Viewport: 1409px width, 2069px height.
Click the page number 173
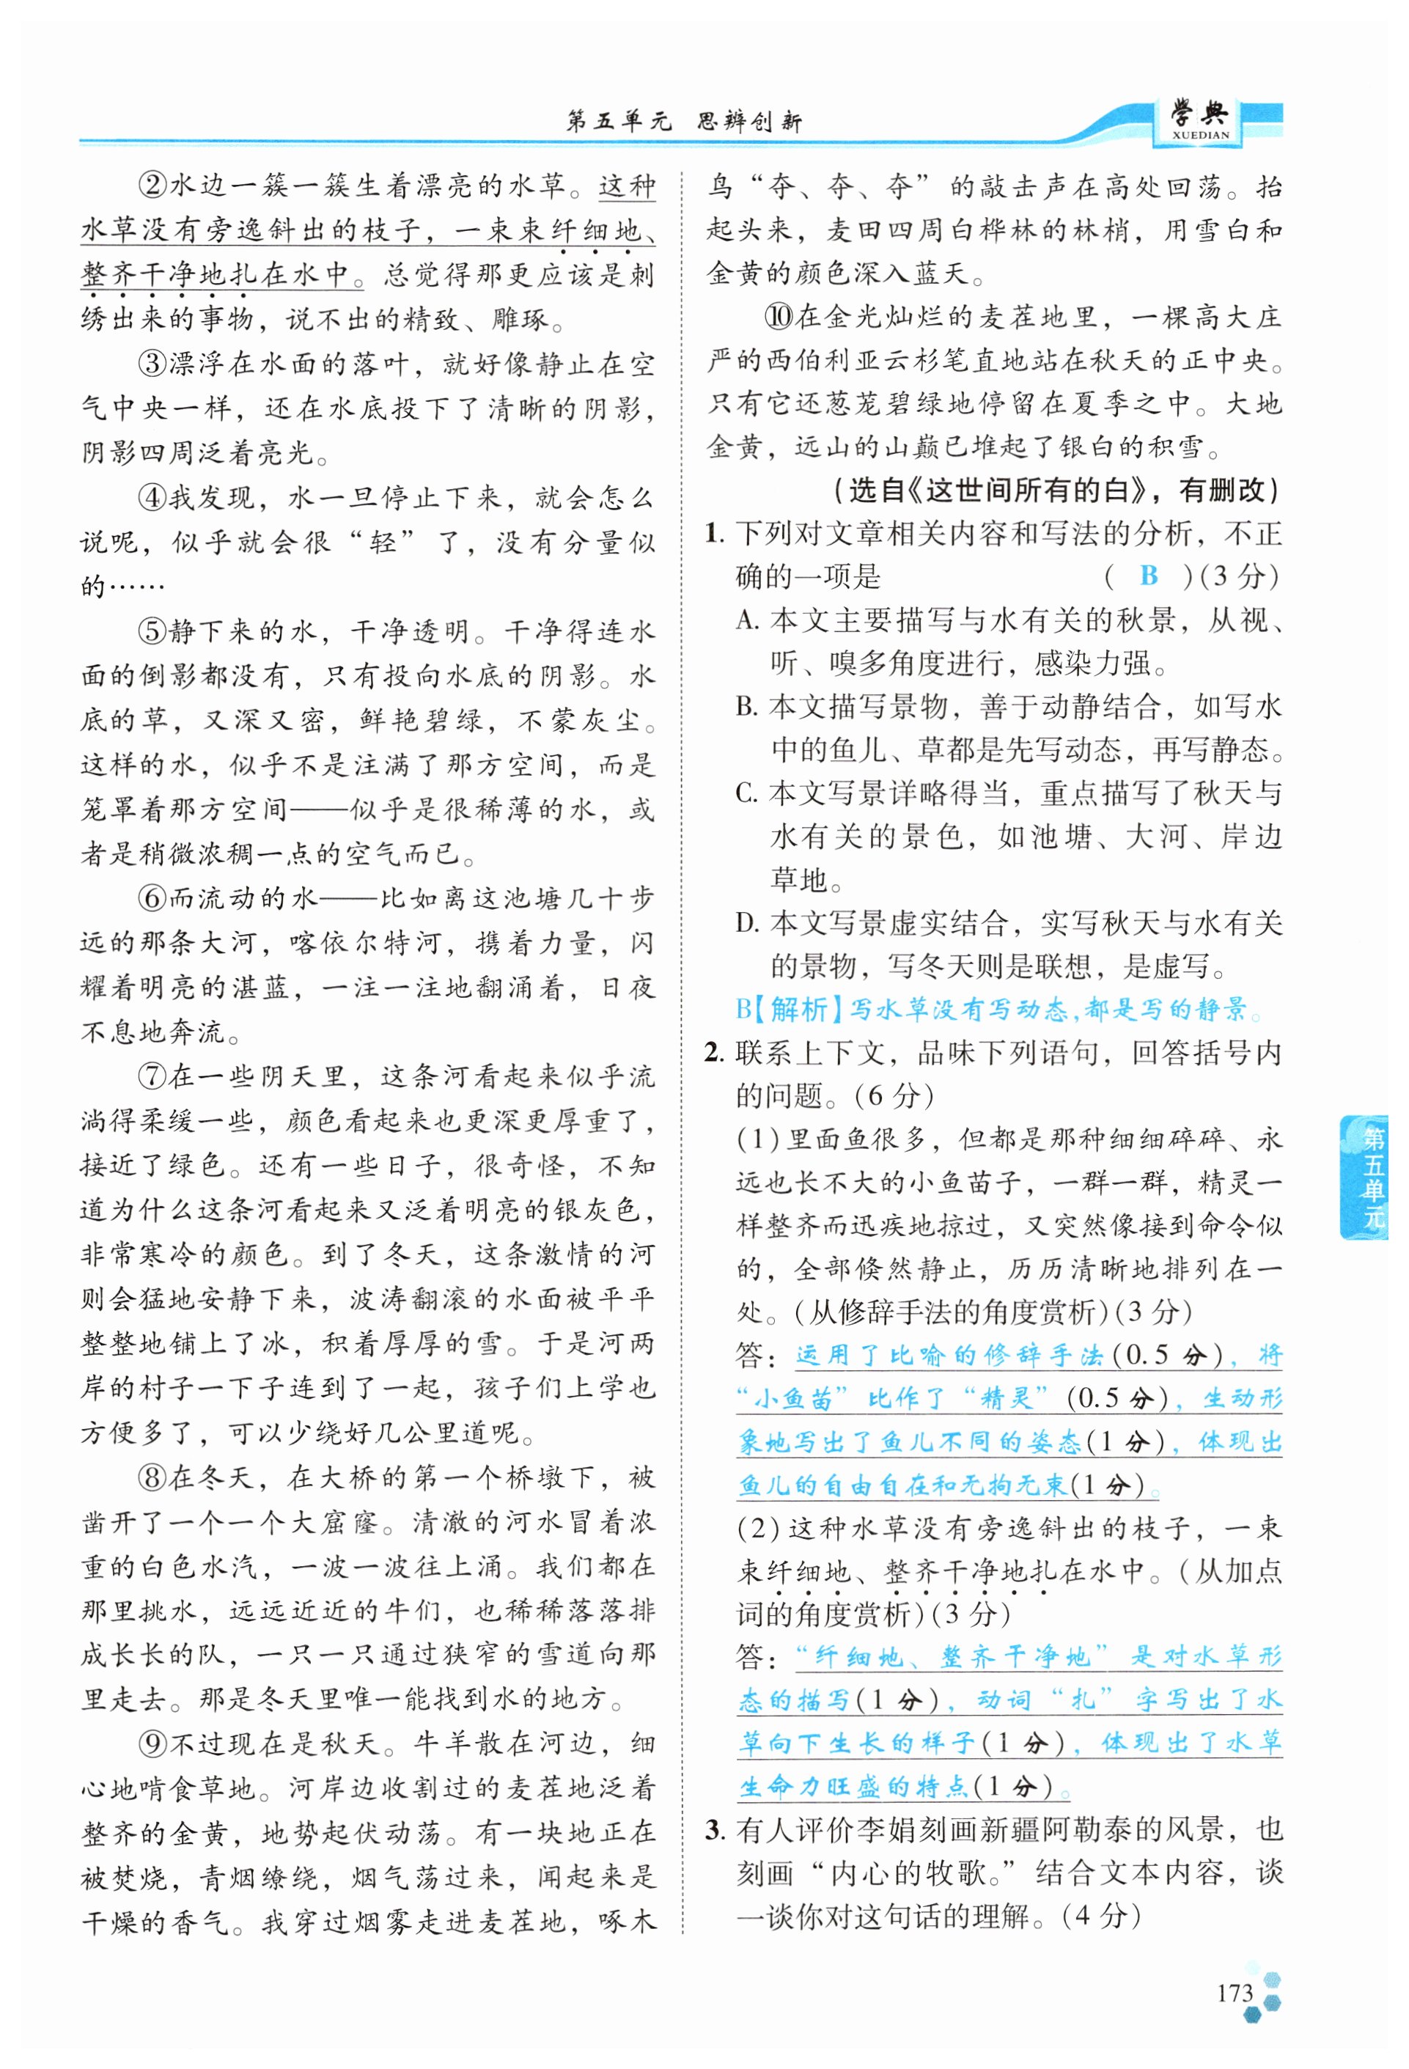click(1234, 1993)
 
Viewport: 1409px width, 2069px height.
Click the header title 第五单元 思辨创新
click(683, 121)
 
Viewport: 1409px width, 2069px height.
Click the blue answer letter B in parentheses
click(1148, 576)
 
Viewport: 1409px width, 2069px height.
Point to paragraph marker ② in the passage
click(152, 186)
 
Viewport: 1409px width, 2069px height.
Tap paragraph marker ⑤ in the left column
click(152, 631)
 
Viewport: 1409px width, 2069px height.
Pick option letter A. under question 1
click(748, 620)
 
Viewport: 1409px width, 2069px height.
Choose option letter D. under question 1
click(748, 923)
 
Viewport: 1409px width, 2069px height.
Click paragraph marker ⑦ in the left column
click(152, 1077)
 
